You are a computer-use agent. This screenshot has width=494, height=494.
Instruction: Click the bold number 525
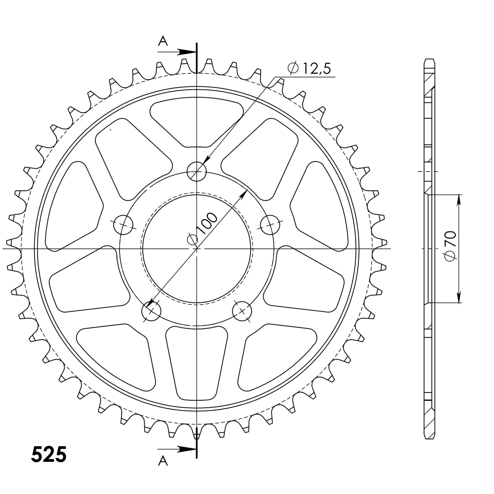pyautogui.click(x=49, y=454)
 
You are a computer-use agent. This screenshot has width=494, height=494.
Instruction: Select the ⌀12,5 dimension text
pyautogui.click(x=309, y=69)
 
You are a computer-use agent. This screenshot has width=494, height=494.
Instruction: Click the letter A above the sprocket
pyautogui.click(x=163, y=40)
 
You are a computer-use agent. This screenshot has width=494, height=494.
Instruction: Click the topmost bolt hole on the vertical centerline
pyautogui.click(x=196, y=171)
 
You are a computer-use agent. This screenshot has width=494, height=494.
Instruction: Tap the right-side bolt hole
pyautogui.click(x=271, y=225)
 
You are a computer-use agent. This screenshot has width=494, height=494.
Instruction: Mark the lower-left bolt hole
pyautogui.click(x=151, y=311)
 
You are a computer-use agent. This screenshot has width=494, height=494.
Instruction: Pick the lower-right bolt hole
pyautogui.click(x=242, y=311)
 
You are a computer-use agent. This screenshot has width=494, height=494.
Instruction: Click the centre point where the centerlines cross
pyautogui.click(x=196, y=249)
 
